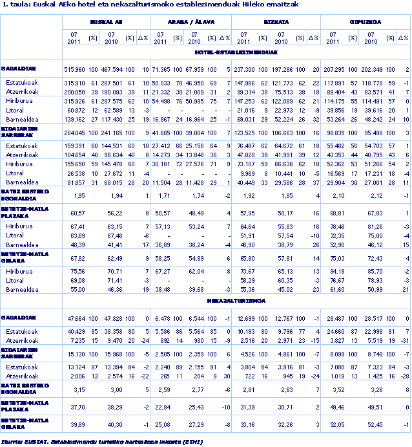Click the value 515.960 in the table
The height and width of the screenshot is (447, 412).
coord(74,69)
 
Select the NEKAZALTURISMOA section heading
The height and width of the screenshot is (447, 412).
coord(236,301)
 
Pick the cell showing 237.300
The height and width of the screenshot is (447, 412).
coord(245,69)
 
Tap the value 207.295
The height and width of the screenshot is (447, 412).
coord(333,69)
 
